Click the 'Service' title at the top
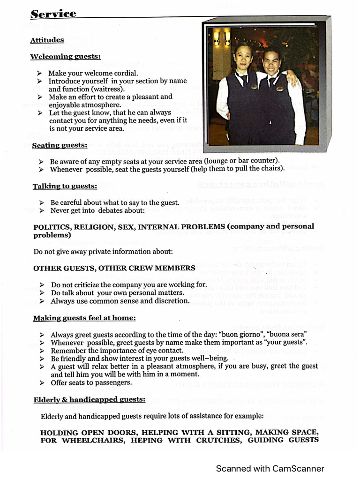[53, 14]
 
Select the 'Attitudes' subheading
[47, 40]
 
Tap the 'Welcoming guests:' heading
[65, 57]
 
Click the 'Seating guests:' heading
[60, 145]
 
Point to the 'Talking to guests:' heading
[65, 187]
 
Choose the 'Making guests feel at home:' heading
[84, 318]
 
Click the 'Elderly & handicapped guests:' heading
[89, 400]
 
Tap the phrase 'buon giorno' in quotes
[244, 335]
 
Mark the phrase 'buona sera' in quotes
[291, 335]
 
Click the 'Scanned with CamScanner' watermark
[270, 468]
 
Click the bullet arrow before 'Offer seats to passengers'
[42, 382]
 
